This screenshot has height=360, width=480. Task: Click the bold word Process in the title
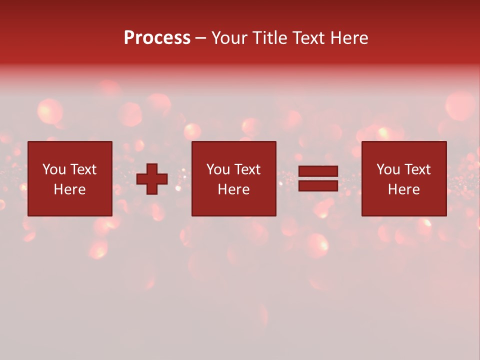click(x=157, y=38)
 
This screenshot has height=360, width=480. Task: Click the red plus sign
click(x=152, y=179)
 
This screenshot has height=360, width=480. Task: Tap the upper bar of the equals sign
click(x=318, y=171)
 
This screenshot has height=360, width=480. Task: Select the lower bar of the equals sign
click(x=318, y=185)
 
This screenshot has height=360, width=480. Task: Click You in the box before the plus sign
click(x=54, y=169)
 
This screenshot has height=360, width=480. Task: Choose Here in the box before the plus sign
click(x=69, y=189)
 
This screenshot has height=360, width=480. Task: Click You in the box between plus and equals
click(x=218, y=169)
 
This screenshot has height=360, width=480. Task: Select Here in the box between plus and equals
click(x=233, y=189)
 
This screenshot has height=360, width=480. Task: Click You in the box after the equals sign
click(x=388, y=169)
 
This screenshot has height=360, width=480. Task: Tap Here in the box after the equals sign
click(x=403, y=189)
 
